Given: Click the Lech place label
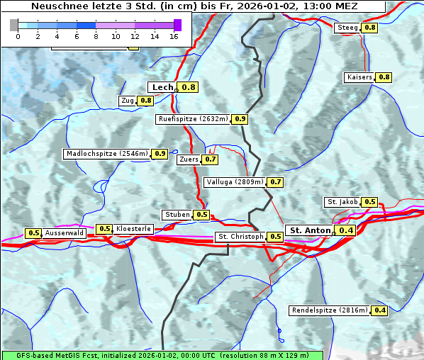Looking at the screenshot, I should tap(162, 87).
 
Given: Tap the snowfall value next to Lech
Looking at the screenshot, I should tap(189, 87).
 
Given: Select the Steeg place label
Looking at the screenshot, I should tap(347, 28).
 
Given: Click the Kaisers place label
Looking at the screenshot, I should tap(359, 77).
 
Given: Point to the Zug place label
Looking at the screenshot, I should tap(128, 101).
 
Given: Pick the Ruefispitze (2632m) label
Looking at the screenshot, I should tap(194, 119).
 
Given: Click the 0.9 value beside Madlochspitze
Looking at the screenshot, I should tap(160, 154).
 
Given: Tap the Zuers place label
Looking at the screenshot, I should tap(189, 159).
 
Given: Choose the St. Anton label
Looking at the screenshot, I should tap(311, 230).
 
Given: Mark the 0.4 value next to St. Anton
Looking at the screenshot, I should tap(346, 230).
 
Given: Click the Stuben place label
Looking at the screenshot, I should tap(177, 215).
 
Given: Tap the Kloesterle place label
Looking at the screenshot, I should tap(133, 229).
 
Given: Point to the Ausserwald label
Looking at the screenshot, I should tap(65, 233).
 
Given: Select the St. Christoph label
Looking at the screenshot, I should tap(240, 237).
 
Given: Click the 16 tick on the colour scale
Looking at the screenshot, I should tap(174, 36).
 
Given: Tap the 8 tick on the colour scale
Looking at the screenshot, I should tap(96, 36).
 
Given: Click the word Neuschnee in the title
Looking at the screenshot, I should tap(58, 6).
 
